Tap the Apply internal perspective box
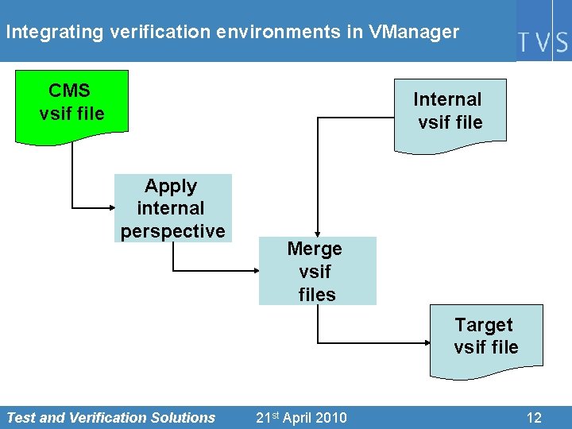point(173,208)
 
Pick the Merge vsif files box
point(317,271)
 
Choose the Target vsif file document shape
point(486,339)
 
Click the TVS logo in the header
point(543,41)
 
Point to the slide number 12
point(534,417)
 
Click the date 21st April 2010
point(301,417)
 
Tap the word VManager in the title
point(413,33)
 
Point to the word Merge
point(315,249)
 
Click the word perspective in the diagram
point(173,231)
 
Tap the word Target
point(484,325)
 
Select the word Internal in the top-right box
point(447,99)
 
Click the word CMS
point(69,90)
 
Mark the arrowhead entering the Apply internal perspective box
point(110,207)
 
